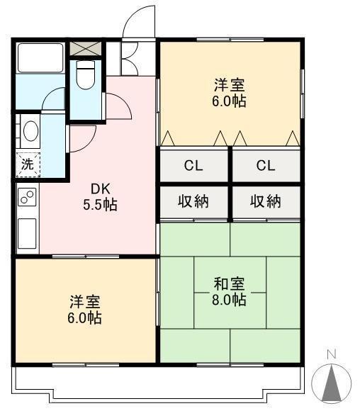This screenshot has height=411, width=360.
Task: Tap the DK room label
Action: click(98, 188)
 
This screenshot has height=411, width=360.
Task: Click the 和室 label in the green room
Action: click(229, 284)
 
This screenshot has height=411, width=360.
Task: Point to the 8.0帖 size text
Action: click(229, 300)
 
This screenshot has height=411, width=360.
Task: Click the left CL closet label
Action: click(193, 166)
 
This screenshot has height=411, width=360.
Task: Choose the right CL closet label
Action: click(266, 166)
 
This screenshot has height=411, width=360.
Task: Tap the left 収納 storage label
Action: click(193, 201)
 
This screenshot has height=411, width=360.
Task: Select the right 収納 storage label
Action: click(266, 201)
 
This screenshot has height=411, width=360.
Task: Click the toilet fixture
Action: click(86, 74)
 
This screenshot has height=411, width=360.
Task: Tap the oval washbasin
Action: click(30, 131)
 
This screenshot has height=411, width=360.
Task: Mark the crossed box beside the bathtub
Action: click(86, 49)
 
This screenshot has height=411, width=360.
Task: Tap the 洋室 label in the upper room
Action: click(229, 85)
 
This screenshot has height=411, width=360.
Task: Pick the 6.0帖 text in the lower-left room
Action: click(85, 317)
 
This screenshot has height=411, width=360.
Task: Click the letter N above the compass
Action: click(331, 354)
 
